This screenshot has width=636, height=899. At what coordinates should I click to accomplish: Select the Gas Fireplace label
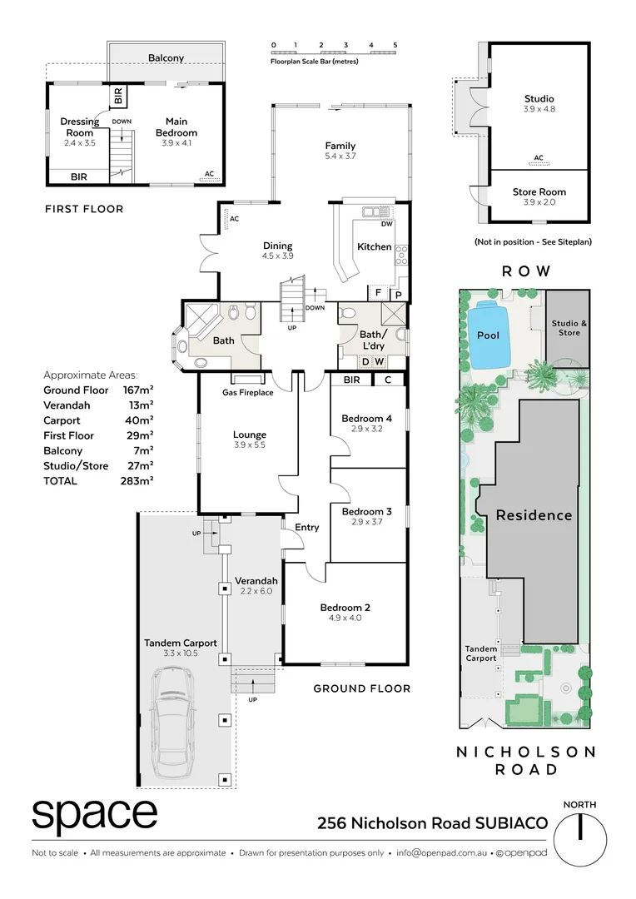click(x=247, y=392)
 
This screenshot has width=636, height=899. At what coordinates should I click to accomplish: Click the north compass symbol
click(x=579, y=839)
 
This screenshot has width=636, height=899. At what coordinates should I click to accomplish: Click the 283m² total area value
click(x=137, y=480)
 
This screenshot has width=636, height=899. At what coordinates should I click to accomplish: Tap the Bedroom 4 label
click(x=366, y=418)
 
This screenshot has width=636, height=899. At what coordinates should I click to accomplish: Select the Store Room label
click(x=539, y=192)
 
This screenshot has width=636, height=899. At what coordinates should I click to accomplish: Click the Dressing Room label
click(x=80, y=127)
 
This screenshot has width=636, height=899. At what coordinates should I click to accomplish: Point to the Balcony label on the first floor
click(x=166, y=58)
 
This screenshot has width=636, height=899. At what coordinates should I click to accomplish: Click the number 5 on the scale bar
click(x=395, y=45)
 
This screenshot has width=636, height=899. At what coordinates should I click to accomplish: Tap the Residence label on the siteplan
click(x=534, y=515)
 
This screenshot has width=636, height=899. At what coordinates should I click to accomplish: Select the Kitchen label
click(x=374, y=246)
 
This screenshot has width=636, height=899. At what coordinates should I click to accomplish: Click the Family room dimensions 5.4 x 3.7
click(x=340, y=156)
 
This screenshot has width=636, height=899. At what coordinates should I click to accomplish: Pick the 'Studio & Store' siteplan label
click(x=569, y=327)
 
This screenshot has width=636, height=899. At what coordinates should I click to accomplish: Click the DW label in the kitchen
click(x=386, y=224)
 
